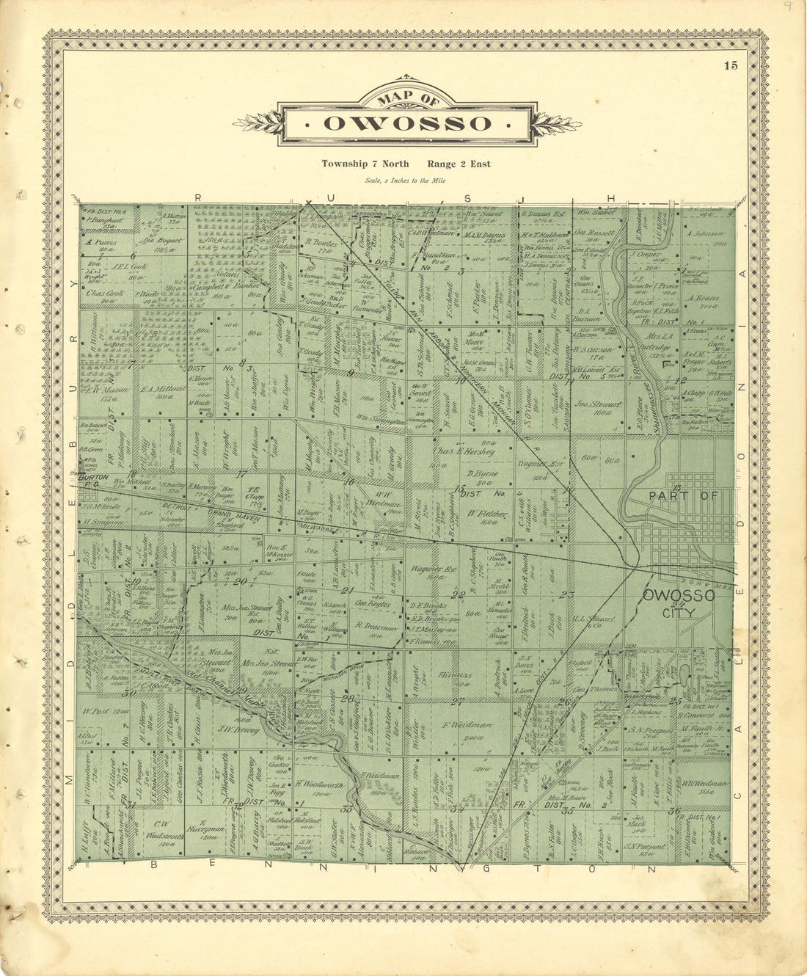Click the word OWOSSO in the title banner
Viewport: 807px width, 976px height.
tap(408, 123)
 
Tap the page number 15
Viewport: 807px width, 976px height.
tap(730, 66)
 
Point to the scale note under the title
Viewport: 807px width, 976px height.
tap(405, 181)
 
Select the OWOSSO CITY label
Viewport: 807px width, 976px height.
tap(678, 602)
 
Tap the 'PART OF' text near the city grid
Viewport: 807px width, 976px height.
tap(676, 496)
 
